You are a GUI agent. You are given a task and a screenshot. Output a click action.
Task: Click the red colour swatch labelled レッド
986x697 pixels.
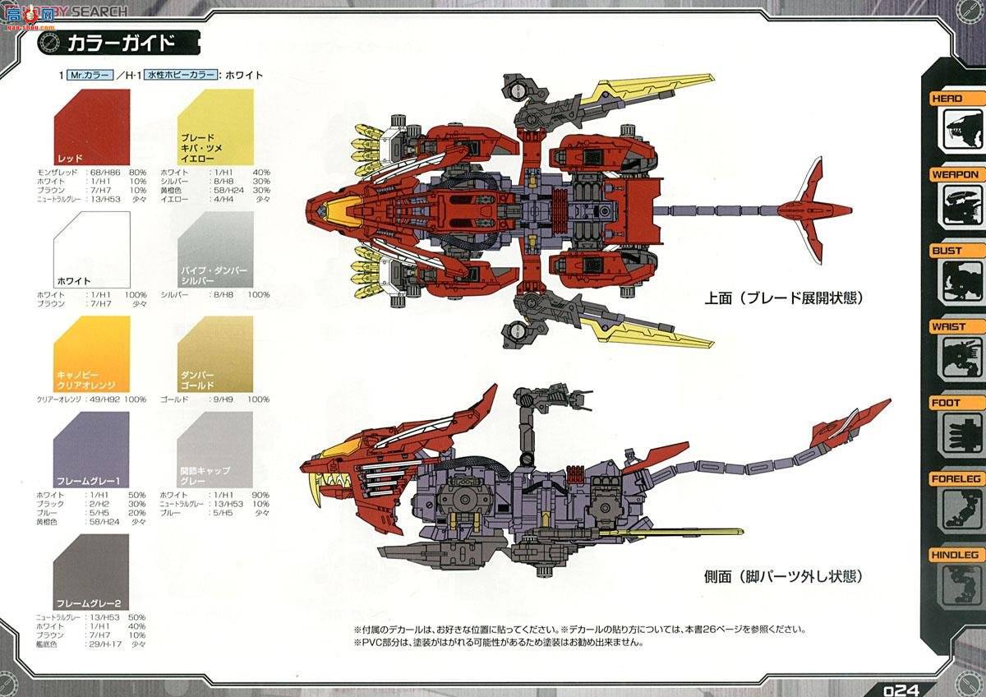91,127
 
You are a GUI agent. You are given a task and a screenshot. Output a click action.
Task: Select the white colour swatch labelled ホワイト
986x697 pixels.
91,249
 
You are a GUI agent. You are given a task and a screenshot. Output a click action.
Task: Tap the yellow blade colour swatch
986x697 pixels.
214,127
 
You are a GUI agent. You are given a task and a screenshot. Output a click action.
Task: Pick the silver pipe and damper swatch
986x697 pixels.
214,249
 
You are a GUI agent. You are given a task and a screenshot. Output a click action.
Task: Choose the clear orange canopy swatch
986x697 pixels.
91,354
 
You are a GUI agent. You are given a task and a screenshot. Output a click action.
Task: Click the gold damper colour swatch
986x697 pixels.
214,354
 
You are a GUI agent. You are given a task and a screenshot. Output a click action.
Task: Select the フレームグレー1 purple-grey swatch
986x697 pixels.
91,450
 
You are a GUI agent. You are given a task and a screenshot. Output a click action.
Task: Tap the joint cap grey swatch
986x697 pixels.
214,450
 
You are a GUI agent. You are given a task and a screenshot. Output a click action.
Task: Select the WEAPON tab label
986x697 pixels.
954,174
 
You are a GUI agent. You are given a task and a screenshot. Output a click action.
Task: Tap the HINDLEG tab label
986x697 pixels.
954,555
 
